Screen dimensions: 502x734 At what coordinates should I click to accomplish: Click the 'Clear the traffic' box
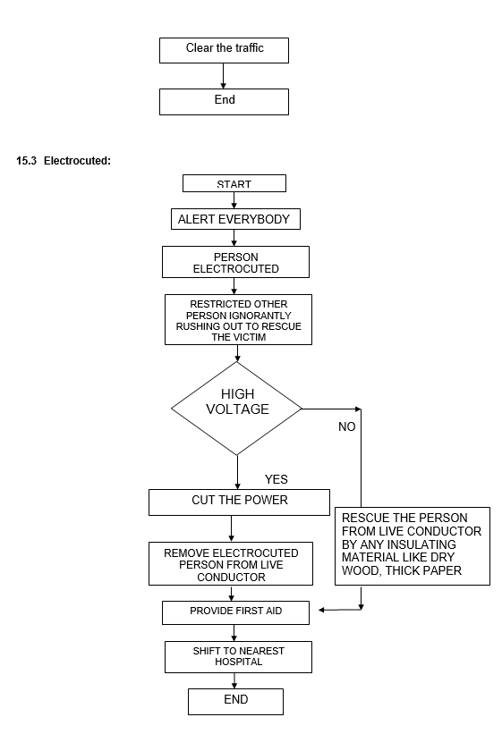(x=224, y=51)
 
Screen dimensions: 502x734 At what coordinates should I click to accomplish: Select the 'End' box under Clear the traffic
(x=224, y=102)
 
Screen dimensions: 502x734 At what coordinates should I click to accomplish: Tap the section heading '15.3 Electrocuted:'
(x=64, y=161)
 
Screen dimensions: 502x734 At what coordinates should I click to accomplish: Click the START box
(x=234, y=183)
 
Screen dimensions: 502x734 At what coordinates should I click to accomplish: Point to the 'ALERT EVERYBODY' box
(x=235, y=219)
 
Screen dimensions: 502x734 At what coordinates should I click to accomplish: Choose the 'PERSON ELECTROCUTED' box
(x=235, y=262)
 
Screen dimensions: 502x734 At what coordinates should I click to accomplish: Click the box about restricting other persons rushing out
(x=238, y=320)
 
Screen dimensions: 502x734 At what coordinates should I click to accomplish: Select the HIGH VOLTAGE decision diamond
(x=237, y=409)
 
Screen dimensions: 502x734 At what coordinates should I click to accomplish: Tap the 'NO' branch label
(x=347, y=427)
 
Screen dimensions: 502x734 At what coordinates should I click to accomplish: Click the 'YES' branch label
(x=277, y=479)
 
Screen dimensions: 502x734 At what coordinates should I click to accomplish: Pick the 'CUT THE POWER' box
(x=239, y=502)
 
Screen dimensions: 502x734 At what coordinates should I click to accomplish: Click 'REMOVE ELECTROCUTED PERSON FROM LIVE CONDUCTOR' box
(x=231, y=563)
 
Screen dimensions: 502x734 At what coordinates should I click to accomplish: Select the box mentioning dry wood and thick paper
(x=413, y=546)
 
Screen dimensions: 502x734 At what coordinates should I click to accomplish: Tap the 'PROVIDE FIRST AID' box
(x=235, y=612)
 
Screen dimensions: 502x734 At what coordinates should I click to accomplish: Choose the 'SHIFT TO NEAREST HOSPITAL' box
(x=238, y=657)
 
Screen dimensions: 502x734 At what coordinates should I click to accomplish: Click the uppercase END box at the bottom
(x=235, y=702)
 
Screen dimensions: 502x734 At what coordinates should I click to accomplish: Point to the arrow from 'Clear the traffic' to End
(x=223, y=76)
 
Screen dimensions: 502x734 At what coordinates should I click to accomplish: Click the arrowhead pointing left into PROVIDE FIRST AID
(x=321, y=610)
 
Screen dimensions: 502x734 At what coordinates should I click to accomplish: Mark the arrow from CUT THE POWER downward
(x=231, y=529)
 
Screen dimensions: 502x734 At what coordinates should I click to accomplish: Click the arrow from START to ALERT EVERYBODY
(x=234, y=200)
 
